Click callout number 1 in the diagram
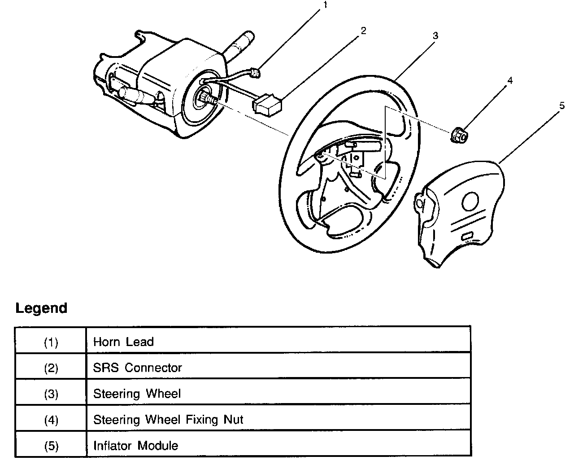[325, 4]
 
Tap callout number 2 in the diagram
[363, 31]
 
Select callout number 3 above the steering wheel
[435, 35]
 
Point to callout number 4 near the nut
[510, 80]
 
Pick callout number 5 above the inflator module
[562, 105]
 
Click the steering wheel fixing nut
[459, 136]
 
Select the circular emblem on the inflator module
[470, 201]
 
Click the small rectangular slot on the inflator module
[467, 236]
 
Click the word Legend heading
[41, 308]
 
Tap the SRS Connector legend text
[137, 368]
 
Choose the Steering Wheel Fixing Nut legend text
[168, 420]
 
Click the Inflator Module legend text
[135, 446]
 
